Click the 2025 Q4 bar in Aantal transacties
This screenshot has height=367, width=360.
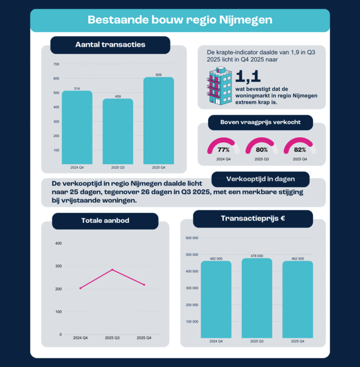point(158,121)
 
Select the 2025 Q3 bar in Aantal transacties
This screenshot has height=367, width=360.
point(118,131)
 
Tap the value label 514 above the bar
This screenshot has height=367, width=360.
point(77,88)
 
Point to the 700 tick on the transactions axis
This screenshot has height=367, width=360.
point(57,64)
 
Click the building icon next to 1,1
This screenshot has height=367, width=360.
point(219,85)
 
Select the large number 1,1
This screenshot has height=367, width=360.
point(248,77)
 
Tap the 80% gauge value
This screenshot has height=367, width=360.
point(262,150)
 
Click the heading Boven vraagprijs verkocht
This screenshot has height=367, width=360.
point(260,123)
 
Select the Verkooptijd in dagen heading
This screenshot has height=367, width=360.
point(260,179)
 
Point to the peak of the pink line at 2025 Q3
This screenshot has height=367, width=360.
point(111,270)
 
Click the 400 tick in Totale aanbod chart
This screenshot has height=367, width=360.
point(58,243)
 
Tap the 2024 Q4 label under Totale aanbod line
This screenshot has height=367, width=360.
point(81,338)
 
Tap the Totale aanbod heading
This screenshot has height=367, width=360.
point(105,221)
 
